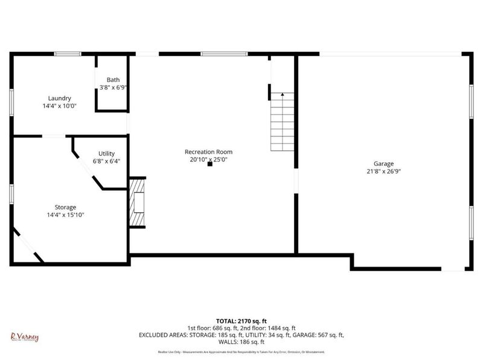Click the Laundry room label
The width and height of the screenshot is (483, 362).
point(60,98)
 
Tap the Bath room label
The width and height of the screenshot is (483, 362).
point(113,80)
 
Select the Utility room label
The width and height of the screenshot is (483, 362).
point(106,154)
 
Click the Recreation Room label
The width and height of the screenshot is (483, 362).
point(208,152)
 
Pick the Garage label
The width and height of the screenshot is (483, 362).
point(383,164)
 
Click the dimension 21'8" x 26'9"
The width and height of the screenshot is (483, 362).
point(383,171)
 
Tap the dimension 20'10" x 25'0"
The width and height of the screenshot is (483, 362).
point(208,159)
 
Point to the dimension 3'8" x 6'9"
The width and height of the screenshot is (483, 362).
point(113,87)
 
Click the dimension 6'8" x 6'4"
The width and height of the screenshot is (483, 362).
point(106,161)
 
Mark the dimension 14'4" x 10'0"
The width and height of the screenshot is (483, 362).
point(60,106)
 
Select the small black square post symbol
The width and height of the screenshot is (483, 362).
point(210,164)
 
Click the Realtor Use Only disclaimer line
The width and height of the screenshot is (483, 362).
point(241,352)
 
